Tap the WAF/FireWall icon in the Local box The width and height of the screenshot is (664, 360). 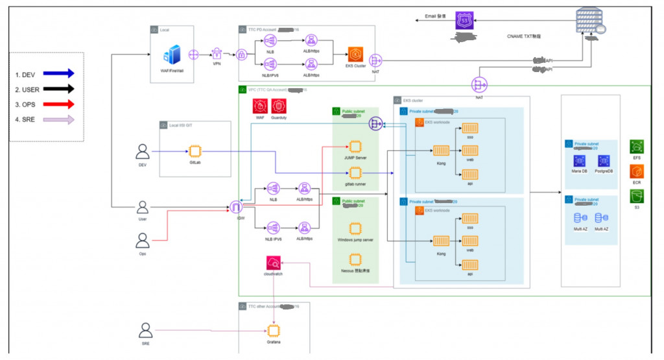coord(174,54)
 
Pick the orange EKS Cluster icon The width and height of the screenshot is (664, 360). coord(356,54)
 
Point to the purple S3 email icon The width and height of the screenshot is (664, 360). coord(464,20)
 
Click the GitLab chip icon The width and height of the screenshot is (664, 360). coord(195,152)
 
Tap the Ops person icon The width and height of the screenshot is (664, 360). coord(142,241)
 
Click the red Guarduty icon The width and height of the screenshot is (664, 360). coord(279,106)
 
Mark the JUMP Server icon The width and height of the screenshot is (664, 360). coord(355,147)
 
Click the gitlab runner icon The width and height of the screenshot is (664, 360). coord(355,173)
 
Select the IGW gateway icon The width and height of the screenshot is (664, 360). coord(235,208)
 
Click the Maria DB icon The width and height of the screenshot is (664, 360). coord(576,160)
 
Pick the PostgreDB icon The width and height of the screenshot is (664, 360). coord(603,160)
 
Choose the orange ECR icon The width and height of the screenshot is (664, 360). coord(637,172)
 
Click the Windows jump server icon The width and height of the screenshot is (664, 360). coord(355,228)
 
